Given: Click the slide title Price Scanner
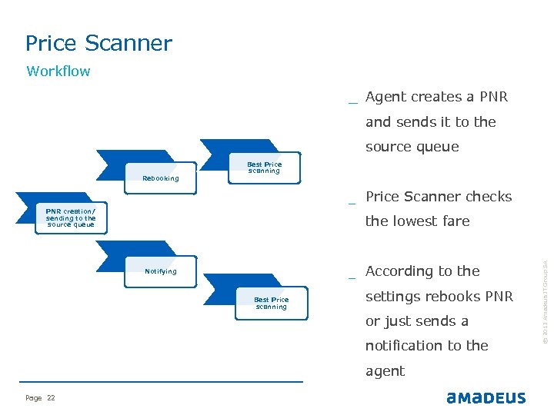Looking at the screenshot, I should pos(98,43).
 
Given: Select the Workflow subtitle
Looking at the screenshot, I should pos(58,71).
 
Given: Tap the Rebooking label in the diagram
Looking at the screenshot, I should pos(161,178).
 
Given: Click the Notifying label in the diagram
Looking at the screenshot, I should pos(161,271).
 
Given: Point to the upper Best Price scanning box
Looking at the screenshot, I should pos(264,168).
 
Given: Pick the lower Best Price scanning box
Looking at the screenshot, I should pos(271,303).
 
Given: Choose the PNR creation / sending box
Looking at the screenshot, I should pos(71,217).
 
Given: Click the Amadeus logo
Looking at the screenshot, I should pos(486,397).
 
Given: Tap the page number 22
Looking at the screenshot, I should pos(51,397).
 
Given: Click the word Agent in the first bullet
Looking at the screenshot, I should pos(386,97).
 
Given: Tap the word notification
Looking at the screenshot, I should pos(405,346).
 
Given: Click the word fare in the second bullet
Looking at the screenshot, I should pos(456,221).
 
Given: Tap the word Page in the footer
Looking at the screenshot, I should pos(33,397).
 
